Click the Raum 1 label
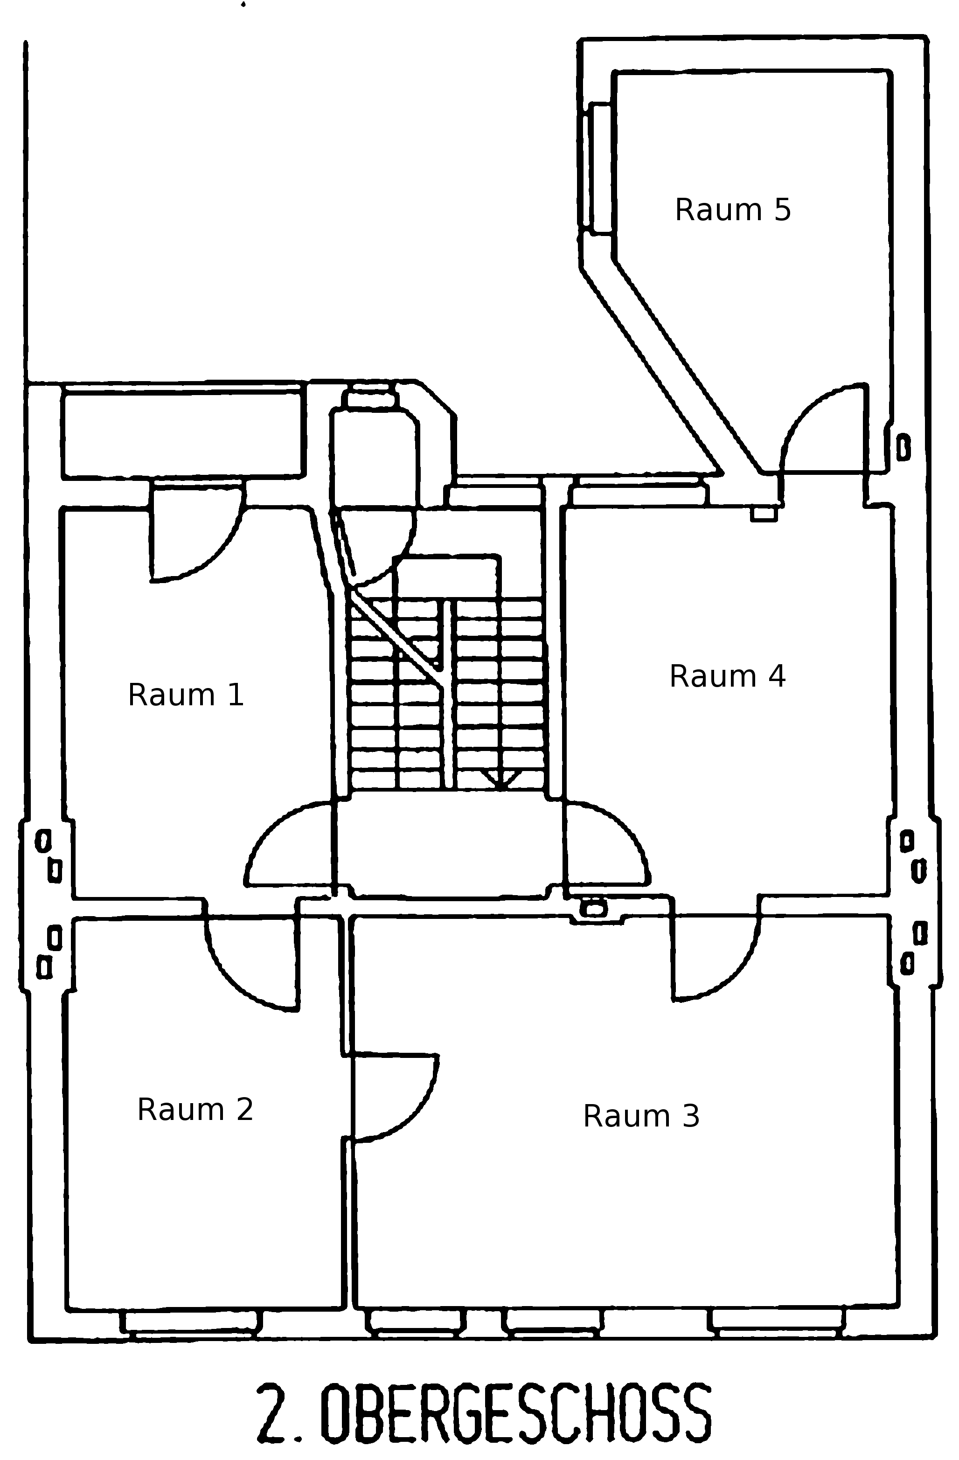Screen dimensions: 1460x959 [x=186, y=695]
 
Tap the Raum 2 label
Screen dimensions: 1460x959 [x=195, y=1109]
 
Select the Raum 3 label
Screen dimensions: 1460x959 [x=641, y=1115]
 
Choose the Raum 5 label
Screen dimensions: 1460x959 [x=733, y=210]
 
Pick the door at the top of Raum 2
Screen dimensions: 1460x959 [x=245, y=975]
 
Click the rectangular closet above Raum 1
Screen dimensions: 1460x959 [x=183, y=433]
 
